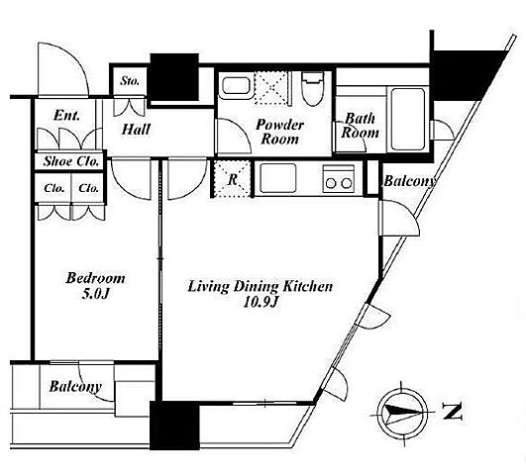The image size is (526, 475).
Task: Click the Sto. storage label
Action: [x=130, y=81]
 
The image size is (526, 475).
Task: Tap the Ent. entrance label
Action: [x=66, y=116]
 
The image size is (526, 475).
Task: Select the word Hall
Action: [x=136, y=129]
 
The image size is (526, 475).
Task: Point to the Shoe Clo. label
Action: [x=71, y=161]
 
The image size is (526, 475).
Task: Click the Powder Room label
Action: [x=279, y=132]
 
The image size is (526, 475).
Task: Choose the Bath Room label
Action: [x=360, y=126]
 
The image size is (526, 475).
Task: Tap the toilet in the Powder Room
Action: [x=313, y=89]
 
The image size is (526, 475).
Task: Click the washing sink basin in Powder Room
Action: [x=236, y=86]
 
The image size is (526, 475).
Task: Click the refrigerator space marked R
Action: [x=232, y=179]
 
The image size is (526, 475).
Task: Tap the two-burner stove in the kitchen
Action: [x=339, y=178]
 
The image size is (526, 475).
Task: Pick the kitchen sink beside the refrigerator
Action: [x=278, y=178]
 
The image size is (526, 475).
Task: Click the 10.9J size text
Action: [x=261, y=303]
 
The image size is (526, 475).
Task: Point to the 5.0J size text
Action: [x=95, y=294]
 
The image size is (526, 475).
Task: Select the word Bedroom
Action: [x=95, y=278]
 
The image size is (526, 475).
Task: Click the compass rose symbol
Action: [x=402, y=413]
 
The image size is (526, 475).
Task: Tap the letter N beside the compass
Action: [x=452, y=412]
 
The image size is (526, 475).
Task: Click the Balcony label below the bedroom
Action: [x=75, y=387]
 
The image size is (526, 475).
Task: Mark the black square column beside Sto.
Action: [x=174, y=77]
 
